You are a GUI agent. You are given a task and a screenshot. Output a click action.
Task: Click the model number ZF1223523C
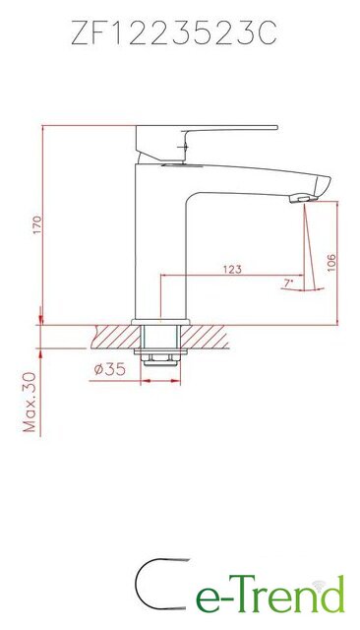tap(174, 32)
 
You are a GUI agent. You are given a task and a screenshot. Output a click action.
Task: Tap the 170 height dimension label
tap(37, 225)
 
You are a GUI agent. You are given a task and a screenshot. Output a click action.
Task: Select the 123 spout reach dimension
tap(232, 269)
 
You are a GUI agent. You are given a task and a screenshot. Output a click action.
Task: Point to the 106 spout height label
tap(331, 263)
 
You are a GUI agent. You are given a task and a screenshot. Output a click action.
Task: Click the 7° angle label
tap(288, 283)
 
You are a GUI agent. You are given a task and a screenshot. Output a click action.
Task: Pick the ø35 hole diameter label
tap(110, 369)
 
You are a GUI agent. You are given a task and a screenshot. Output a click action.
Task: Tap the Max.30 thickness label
tap(30, 402)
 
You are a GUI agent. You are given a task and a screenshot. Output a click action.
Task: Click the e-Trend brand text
tap(270, 595)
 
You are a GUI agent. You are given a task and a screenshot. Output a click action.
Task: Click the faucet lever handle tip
tap(276, 128)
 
